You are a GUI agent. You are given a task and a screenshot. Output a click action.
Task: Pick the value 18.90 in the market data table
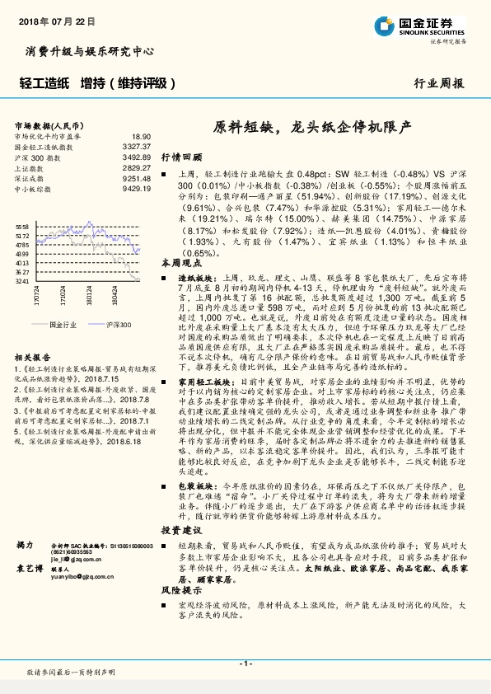[x=140, y=136]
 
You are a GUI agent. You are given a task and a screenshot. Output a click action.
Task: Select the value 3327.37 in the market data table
[x=136, y=146]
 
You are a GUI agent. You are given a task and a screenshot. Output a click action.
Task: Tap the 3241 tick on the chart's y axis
[x=22, y=281]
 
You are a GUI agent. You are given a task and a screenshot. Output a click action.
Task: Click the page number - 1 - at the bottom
[x=245, y=663]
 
